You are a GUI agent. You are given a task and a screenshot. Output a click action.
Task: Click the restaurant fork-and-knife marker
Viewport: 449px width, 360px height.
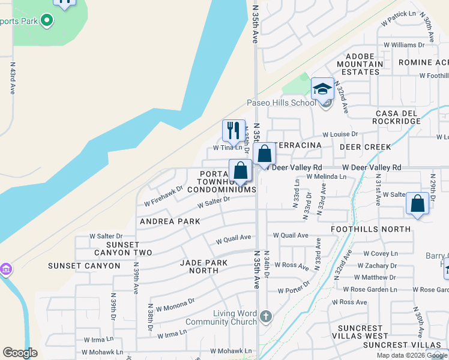click(234, 130)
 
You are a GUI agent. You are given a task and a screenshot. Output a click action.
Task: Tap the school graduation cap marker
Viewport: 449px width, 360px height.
click(322, 89)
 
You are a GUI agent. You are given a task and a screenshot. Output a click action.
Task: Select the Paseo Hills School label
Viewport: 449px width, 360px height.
click(281, 103)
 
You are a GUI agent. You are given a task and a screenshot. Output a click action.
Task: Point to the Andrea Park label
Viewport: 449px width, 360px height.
click(170, 221)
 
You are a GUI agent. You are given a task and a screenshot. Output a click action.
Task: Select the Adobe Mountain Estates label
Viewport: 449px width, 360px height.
click(360, 64)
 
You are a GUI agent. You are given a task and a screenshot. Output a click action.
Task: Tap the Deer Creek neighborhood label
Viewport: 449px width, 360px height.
click(365, 146)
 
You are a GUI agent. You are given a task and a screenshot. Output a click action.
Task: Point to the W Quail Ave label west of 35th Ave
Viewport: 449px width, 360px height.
click(234, 238)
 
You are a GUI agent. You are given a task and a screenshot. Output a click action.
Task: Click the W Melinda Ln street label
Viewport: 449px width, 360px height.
click(326, 176)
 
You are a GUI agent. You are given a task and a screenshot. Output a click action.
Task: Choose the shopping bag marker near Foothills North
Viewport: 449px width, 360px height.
click(417, 203)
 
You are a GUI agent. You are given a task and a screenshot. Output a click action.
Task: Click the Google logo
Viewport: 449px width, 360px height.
click(20, 353)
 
